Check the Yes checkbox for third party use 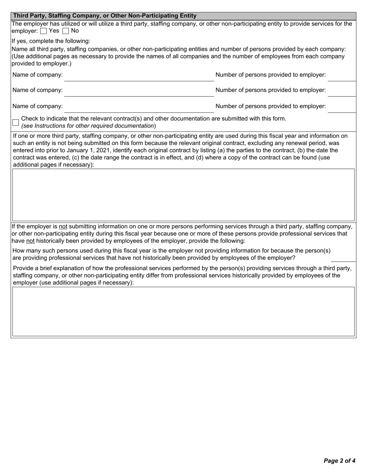click(43, 31)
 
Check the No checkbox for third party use click(66, 31)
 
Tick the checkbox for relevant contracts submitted click(15, 122)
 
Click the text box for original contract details click(183, 195)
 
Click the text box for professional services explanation click(183, 312)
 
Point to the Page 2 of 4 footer click(339, 461)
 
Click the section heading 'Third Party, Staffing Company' click(105, 16)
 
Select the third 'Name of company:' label click(37, 106)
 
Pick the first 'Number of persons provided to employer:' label click(270, 75)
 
